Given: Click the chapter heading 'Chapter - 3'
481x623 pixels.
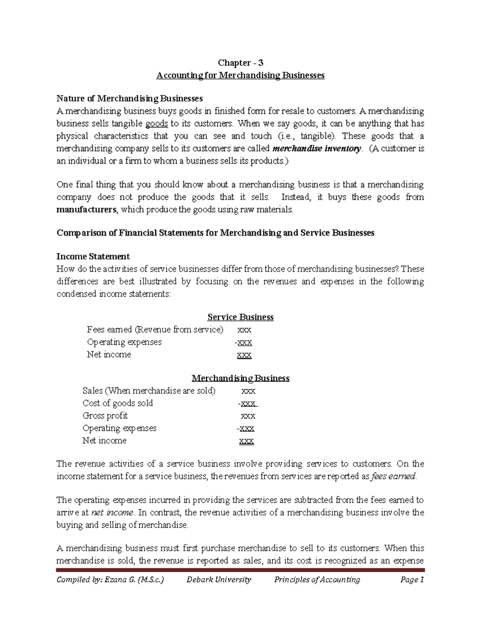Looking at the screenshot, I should coord(240,63).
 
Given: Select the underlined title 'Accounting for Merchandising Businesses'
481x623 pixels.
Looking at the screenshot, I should coord(240,75).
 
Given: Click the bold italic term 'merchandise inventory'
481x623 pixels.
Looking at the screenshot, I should coord(317,148).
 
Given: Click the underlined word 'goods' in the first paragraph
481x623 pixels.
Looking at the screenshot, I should coord(156,124).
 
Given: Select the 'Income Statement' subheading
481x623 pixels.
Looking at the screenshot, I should coord(93,256).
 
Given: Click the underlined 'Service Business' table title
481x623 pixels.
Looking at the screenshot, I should coord(240,317).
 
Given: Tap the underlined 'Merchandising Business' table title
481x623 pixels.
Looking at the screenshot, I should coord(240,378).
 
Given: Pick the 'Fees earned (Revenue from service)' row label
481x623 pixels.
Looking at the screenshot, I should coord(155,330).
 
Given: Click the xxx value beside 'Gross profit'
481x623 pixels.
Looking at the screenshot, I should coord(248,416).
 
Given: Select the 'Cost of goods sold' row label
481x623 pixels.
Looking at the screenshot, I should coord(117,403).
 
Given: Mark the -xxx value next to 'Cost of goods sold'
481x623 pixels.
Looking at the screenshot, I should coord(247,403).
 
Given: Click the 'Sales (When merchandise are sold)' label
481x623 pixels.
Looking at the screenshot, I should coord(149,391).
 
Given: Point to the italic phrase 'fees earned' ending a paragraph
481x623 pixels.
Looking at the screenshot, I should coord(394,477).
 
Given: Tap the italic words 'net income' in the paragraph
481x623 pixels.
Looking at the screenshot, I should coord(112,513).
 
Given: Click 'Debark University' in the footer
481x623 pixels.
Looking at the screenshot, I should coord(219,580).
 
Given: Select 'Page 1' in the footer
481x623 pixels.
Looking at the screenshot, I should coord(412,580).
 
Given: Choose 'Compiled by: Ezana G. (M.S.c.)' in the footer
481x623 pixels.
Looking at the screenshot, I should coord(110,580).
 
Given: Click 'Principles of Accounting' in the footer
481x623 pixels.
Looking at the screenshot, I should coord(317,580).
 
